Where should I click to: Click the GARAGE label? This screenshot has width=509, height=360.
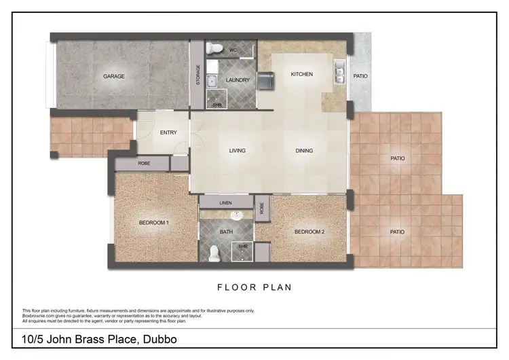click(x=114, y=76)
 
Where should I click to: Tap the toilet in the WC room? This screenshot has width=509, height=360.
click(x=216, y=48)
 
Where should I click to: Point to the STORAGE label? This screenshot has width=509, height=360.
click(x=198, y=74)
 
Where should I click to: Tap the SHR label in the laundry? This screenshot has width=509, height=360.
click(x=217, y=105)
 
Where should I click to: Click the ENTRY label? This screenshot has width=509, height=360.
click(x=168, y=133)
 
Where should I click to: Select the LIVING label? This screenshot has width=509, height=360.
click(x=237, y=151)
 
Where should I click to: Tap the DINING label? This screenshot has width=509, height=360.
click(x=303, y=151)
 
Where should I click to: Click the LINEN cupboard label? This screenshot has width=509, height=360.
click(x=226, y=202)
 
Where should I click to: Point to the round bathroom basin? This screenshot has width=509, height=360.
click(x=236, y=216)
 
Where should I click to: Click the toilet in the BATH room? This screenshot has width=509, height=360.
click(x=214, y=253)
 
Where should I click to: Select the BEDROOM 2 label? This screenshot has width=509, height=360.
click(x=309, y=232)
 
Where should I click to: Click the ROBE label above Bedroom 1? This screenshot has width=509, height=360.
click(x=143, y=164)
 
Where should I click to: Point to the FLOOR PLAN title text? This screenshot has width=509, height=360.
click(x=254, y=287)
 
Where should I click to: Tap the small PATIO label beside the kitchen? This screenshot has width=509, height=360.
click(x=360, y=76)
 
